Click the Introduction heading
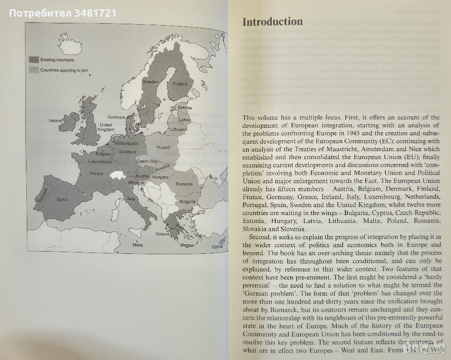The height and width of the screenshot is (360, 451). point(273,22)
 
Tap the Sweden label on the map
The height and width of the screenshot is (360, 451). point(150,82)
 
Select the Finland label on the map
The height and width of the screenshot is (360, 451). point(180,84)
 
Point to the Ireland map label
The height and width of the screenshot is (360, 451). point(56,120)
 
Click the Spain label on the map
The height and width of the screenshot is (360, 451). point(63,200)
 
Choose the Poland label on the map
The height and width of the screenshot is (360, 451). point(163,148)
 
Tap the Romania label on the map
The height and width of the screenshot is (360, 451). point(184,184)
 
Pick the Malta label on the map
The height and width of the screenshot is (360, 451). point(138,245)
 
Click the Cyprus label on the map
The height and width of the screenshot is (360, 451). point(217,247)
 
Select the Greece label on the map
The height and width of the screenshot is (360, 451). point(163,234)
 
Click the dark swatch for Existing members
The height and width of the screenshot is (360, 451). point(34,60)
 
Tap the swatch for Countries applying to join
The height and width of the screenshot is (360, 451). point(34,70)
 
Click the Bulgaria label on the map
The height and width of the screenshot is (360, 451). point(187,201)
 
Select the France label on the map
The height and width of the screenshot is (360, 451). point(96,174)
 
